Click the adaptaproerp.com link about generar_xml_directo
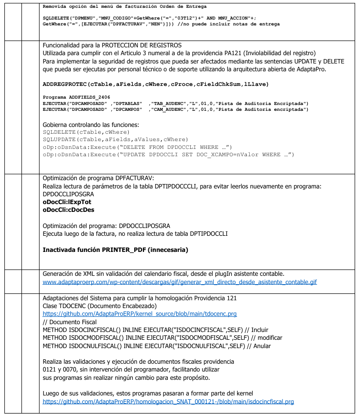point(180,282)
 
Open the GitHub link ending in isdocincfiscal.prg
point(168,402)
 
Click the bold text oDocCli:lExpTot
point(67,202)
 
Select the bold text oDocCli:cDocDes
point(69,210)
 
